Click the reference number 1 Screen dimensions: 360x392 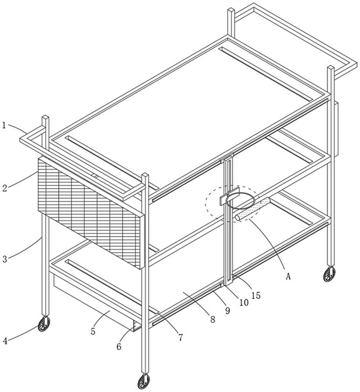[4, 125]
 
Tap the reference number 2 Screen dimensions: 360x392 [5, 188]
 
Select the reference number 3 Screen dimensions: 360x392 [5, 259]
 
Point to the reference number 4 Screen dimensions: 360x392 [5, 340]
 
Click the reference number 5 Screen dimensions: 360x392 [93, 331]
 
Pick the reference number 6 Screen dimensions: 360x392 [119, 346]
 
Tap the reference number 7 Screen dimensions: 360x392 [181, 337]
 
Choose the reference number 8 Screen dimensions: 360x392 [212, 319]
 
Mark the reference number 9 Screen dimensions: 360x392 [227, 310]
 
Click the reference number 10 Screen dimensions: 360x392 [244, 303]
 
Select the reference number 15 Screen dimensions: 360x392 [256, 295]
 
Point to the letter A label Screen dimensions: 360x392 [288, 276]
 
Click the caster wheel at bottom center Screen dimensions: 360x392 [144, 382]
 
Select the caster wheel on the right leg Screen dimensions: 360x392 [329, 274]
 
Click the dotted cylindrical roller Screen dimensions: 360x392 [253, 209]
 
